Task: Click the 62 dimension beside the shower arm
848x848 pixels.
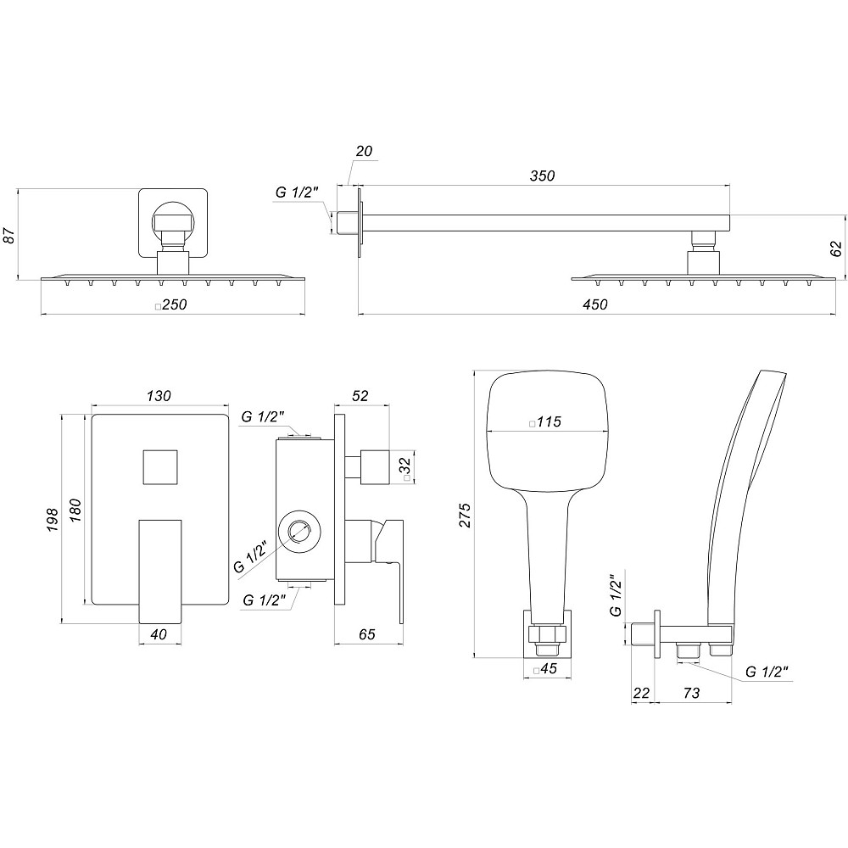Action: (835, 248)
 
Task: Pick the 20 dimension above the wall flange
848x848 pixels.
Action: (364, 152)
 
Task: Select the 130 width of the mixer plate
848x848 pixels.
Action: (159, 396)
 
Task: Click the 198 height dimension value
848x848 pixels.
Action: (53, 519)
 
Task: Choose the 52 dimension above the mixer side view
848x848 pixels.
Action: (360, 396)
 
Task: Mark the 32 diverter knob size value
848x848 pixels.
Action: (406, 466)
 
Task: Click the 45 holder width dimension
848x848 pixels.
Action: (547, 670)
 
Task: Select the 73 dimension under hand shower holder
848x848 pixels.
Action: (691, 693)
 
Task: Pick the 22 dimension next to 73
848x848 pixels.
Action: (641, 693)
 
